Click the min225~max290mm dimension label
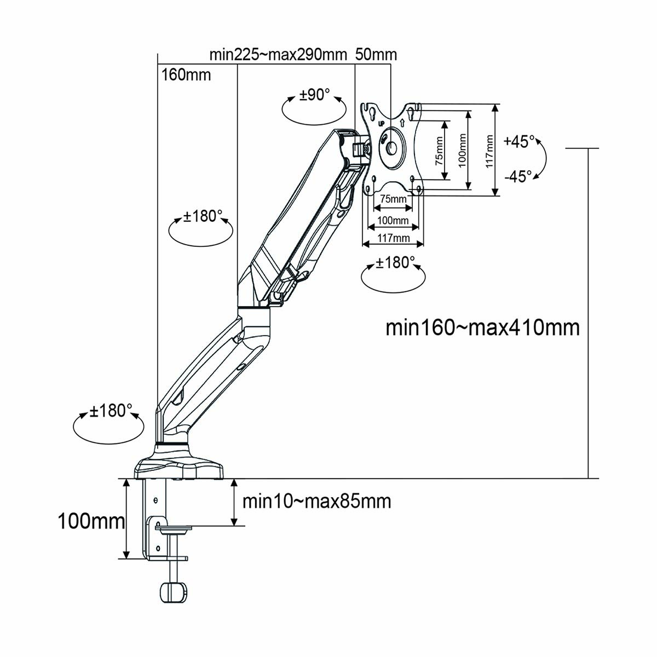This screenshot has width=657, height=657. click(x=278, y=55)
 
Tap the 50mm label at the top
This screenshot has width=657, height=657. click(x=376, y=55)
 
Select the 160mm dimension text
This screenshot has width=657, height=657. click(x=186, y=74)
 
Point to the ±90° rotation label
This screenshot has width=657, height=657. click(x=314, y=95)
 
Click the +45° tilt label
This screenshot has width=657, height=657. click(x=519, y=141)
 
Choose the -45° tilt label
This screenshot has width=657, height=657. click(x=518, y=176)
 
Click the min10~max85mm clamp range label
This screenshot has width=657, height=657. click(x=316, y=501)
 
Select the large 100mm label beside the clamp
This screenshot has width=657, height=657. click(x=91, y=521)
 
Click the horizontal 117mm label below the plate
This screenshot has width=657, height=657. click(x=393, y=238)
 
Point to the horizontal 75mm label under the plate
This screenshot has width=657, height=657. click(x=393, y=199)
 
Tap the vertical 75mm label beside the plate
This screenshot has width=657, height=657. click(x=439, y=151)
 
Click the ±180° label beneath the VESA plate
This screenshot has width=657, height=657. click(x=393, y=263)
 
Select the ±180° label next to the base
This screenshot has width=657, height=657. click(x=111, y=411)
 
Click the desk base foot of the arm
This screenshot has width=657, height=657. click(x=180, y=466)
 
